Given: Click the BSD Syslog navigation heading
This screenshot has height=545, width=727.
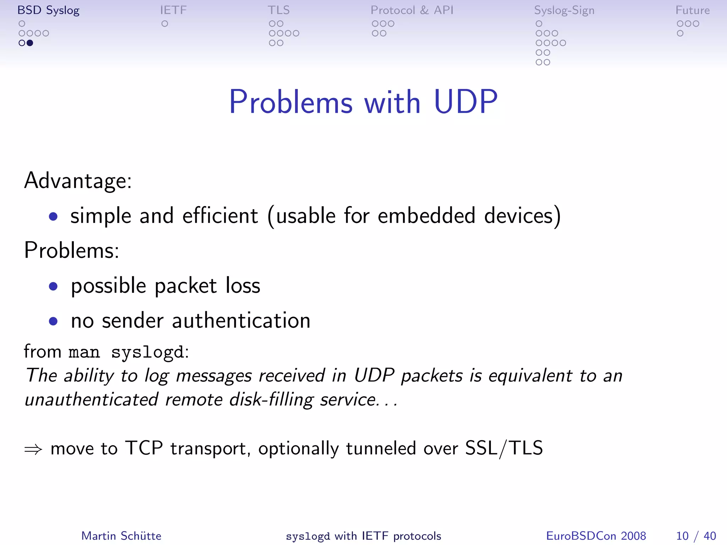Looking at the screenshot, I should [48, 10].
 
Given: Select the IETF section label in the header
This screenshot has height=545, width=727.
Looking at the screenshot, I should [173, 10].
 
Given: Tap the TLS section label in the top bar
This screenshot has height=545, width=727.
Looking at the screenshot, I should [279, 10].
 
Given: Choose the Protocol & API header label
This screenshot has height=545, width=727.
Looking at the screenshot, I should [412, 10].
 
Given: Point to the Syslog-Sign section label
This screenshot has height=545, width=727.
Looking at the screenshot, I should [564, 11].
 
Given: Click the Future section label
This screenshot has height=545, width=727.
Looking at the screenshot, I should [692, 10].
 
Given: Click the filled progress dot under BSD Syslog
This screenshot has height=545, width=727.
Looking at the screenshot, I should [30, 43].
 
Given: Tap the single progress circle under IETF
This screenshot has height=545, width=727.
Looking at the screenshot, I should [165, 24].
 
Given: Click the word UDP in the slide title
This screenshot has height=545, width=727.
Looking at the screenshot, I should [465, 102].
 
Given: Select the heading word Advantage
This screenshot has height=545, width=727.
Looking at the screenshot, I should [78, 181].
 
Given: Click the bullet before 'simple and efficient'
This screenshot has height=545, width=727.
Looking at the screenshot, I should [53, 216].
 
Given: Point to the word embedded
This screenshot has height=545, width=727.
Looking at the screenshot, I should [426, 215].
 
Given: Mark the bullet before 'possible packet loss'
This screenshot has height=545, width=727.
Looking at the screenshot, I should [53, 286].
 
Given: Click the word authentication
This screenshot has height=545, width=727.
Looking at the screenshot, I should [241, 321].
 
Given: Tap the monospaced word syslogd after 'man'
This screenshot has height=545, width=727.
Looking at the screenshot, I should [148, 352].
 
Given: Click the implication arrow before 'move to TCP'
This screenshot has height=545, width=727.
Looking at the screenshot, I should [33, 449].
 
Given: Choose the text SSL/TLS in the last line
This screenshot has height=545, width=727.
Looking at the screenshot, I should [504, 448].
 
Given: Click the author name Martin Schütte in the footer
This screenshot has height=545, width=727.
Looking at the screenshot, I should [121, 536].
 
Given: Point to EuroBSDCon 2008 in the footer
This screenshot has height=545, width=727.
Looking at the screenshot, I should [596, 536].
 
